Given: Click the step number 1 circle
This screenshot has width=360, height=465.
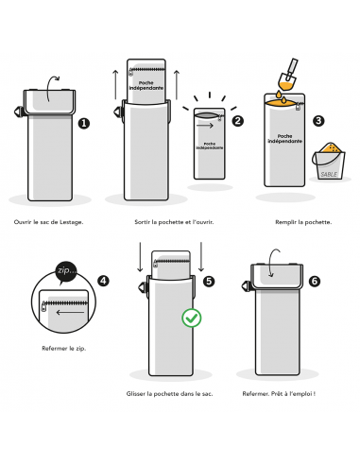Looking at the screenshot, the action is pos(84,123).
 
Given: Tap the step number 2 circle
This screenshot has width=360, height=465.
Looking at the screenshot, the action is pos(238,121).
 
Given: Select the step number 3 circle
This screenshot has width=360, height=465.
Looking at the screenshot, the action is pos(318,121).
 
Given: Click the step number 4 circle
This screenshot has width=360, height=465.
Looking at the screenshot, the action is pos(103,281).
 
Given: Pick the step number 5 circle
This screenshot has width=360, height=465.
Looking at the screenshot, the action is pos(209,282).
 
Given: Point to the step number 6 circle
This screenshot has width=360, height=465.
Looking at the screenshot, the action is pos(315,281).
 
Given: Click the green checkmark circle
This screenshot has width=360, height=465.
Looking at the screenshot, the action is pos(192,318).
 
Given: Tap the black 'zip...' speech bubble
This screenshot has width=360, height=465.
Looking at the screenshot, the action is pos(66,271).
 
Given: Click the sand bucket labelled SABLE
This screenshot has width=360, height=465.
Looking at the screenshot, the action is pos(329,162).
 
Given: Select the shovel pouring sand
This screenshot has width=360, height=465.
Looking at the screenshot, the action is pos(288,75).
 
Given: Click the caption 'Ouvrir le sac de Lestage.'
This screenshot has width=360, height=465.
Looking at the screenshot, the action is pos(48,222).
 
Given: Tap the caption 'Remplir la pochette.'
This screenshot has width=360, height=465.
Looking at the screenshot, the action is pos(303,222).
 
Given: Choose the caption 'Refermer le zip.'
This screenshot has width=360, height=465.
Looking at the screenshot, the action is pos(64,349).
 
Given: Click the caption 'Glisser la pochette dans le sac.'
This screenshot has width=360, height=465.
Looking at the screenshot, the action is pos(169,394).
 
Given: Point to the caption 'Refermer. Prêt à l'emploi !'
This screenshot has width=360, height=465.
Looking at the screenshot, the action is pos(279,394).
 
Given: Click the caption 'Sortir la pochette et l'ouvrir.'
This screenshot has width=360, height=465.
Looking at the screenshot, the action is pos(174,222).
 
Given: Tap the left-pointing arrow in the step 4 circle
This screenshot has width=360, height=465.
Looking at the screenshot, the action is pos(70,313).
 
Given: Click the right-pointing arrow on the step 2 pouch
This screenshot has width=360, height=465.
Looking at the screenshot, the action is pos(205,126).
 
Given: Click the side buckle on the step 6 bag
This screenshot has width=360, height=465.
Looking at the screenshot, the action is pos(247,286).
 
